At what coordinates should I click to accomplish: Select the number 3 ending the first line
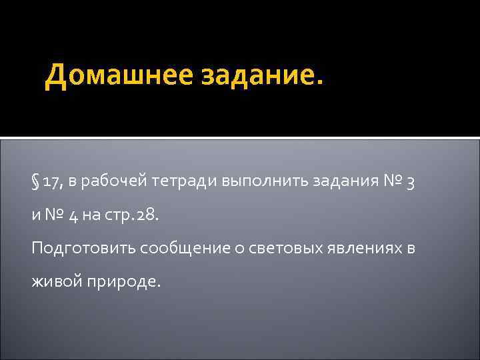[x=411, y=183]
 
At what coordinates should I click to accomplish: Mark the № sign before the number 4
[x=55, y=215]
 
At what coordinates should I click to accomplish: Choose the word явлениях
[x=364, y=248]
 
